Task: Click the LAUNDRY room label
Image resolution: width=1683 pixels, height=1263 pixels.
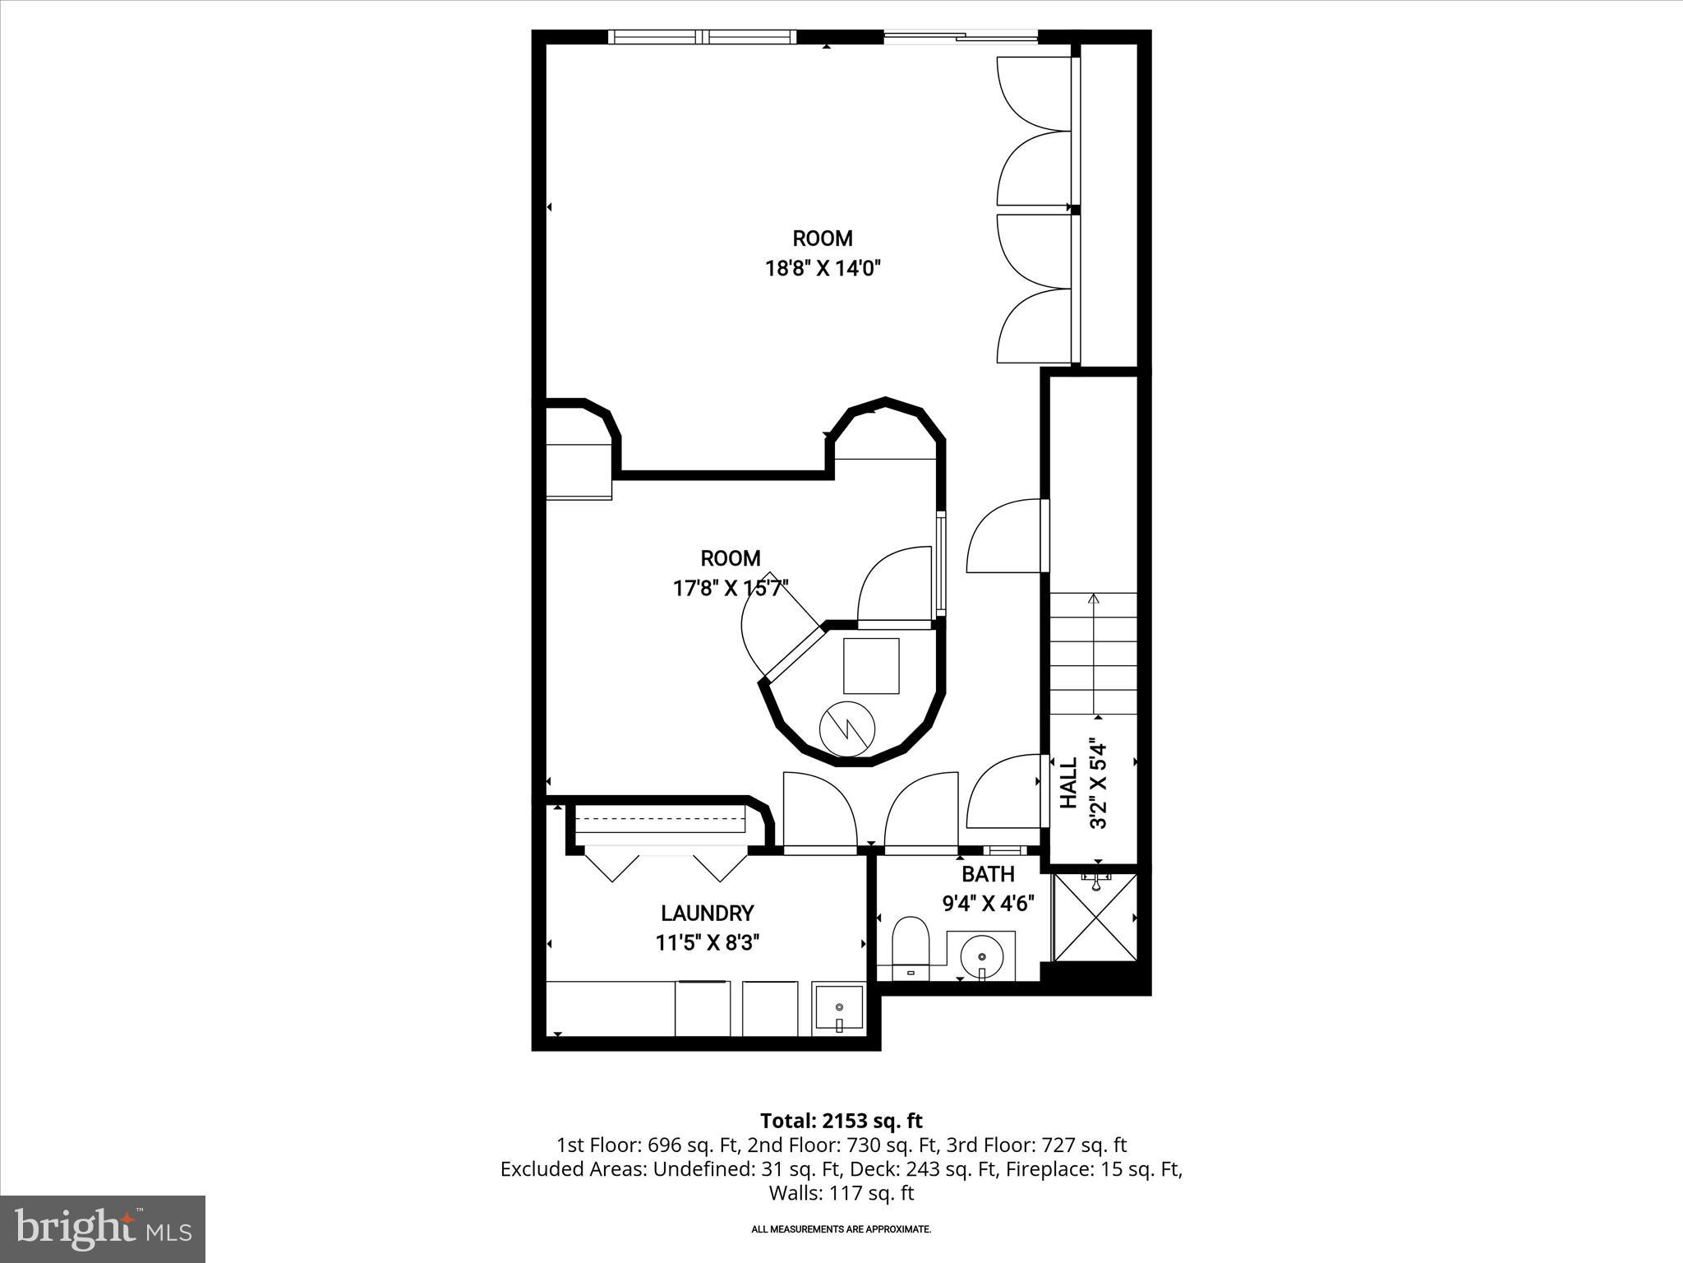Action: (707, 913)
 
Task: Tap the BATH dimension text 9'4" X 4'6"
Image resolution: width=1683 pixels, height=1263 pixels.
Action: (987, 903)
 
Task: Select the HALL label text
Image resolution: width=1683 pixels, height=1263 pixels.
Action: (1068, 783)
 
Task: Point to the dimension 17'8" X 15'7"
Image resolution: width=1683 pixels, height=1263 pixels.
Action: (730, 588)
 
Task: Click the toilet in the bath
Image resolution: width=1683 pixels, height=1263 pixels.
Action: (910, 947)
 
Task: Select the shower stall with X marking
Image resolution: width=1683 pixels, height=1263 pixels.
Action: (1095, 918)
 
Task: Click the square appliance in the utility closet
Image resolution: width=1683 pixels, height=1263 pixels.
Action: (871, 665)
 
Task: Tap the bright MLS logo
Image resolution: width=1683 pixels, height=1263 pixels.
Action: (103, 1229)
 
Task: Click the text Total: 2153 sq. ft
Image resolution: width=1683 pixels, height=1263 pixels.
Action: (841, 1121)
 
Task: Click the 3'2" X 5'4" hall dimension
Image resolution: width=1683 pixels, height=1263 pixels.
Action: (1099, 783)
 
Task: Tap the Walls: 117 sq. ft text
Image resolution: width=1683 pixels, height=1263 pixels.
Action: (841, 1192)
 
